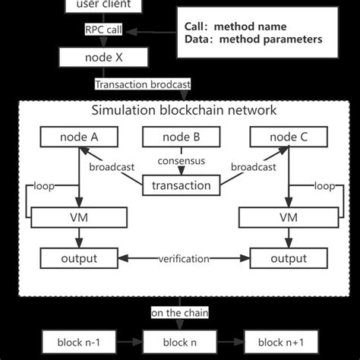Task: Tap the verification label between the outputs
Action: tap(183, 259)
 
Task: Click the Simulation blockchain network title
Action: tap(184, 110)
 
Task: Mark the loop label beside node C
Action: tap(325, 185)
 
